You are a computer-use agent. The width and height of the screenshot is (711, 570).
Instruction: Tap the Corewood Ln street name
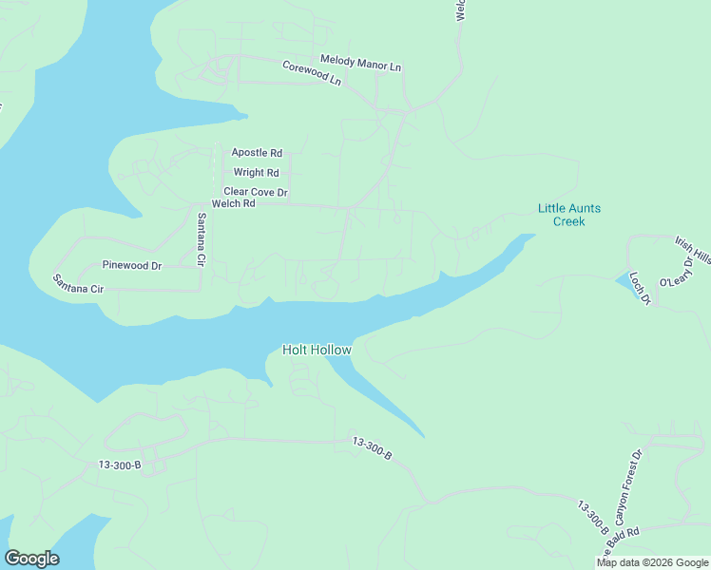311,73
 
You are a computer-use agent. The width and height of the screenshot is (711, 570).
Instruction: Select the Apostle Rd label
257,152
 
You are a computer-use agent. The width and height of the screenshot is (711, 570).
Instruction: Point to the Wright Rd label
257,173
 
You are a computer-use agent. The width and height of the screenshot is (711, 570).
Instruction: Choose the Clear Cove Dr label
256,192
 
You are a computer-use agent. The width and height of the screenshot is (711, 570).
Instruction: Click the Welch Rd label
234,203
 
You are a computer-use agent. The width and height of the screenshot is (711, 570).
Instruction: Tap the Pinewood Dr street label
132,266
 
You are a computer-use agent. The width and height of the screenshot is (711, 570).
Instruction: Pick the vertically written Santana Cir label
202,238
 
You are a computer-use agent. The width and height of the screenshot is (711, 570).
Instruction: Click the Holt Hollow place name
317,350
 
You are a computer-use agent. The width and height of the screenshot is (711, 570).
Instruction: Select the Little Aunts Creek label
569,215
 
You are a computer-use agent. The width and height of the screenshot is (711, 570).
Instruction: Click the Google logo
31,559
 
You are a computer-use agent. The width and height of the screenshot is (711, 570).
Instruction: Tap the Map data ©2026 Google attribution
652,562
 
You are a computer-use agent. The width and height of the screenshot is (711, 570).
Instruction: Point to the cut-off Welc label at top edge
460,9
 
